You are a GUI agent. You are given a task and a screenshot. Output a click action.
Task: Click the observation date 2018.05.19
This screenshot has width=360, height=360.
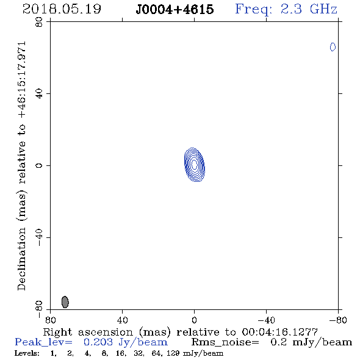tap(62, 9)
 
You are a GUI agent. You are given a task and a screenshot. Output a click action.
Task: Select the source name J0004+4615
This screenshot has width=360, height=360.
tap(175, 9)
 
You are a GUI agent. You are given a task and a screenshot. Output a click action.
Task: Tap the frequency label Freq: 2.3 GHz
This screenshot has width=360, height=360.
tap(286, 9)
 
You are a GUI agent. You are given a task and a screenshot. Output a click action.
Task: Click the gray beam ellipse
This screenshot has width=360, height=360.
tap(65, 302)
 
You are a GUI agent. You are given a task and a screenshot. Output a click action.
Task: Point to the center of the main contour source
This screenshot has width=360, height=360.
tap(195, 164)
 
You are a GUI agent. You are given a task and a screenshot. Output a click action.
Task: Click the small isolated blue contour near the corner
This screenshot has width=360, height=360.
tap(333, 47)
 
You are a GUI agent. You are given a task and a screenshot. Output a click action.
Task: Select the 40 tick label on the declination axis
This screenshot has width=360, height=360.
tap(39, 94)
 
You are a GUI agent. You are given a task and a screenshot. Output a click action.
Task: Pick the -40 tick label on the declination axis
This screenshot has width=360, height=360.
tap(39, 237)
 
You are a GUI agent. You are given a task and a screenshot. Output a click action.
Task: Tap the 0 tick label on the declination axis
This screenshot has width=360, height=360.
tap(39, 165)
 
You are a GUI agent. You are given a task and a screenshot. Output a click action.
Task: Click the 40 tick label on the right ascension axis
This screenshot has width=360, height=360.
tap(122, 320)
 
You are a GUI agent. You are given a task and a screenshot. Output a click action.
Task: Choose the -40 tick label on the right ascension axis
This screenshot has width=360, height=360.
tap(266, 320)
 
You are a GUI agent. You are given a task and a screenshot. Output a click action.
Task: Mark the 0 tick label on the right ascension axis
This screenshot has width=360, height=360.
tap(194, 320)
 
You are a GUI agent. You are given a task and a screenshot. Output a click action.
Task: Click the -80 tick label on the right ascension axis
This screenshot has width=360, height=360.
tap(338, 320)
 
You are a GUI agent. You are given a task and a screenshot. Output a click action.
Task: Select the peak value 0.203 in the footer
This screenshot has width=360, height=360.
tap(98, 342)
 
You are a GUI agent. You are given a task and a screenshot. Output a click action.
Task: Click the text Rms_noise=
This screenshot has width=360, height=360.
tap(225, 342)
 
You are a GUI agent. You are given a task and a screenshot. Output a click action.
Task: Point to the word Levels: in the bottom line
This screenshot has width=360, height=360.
tap(27, 353)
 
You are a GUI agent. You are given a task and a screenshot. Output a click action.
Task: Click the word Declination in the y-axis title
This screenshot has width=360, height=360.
tap(21, 259)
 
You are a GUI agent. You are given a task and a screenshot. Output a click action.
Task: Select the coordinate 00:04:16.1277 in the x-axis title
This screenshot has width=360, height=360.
tap(279, 332)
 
